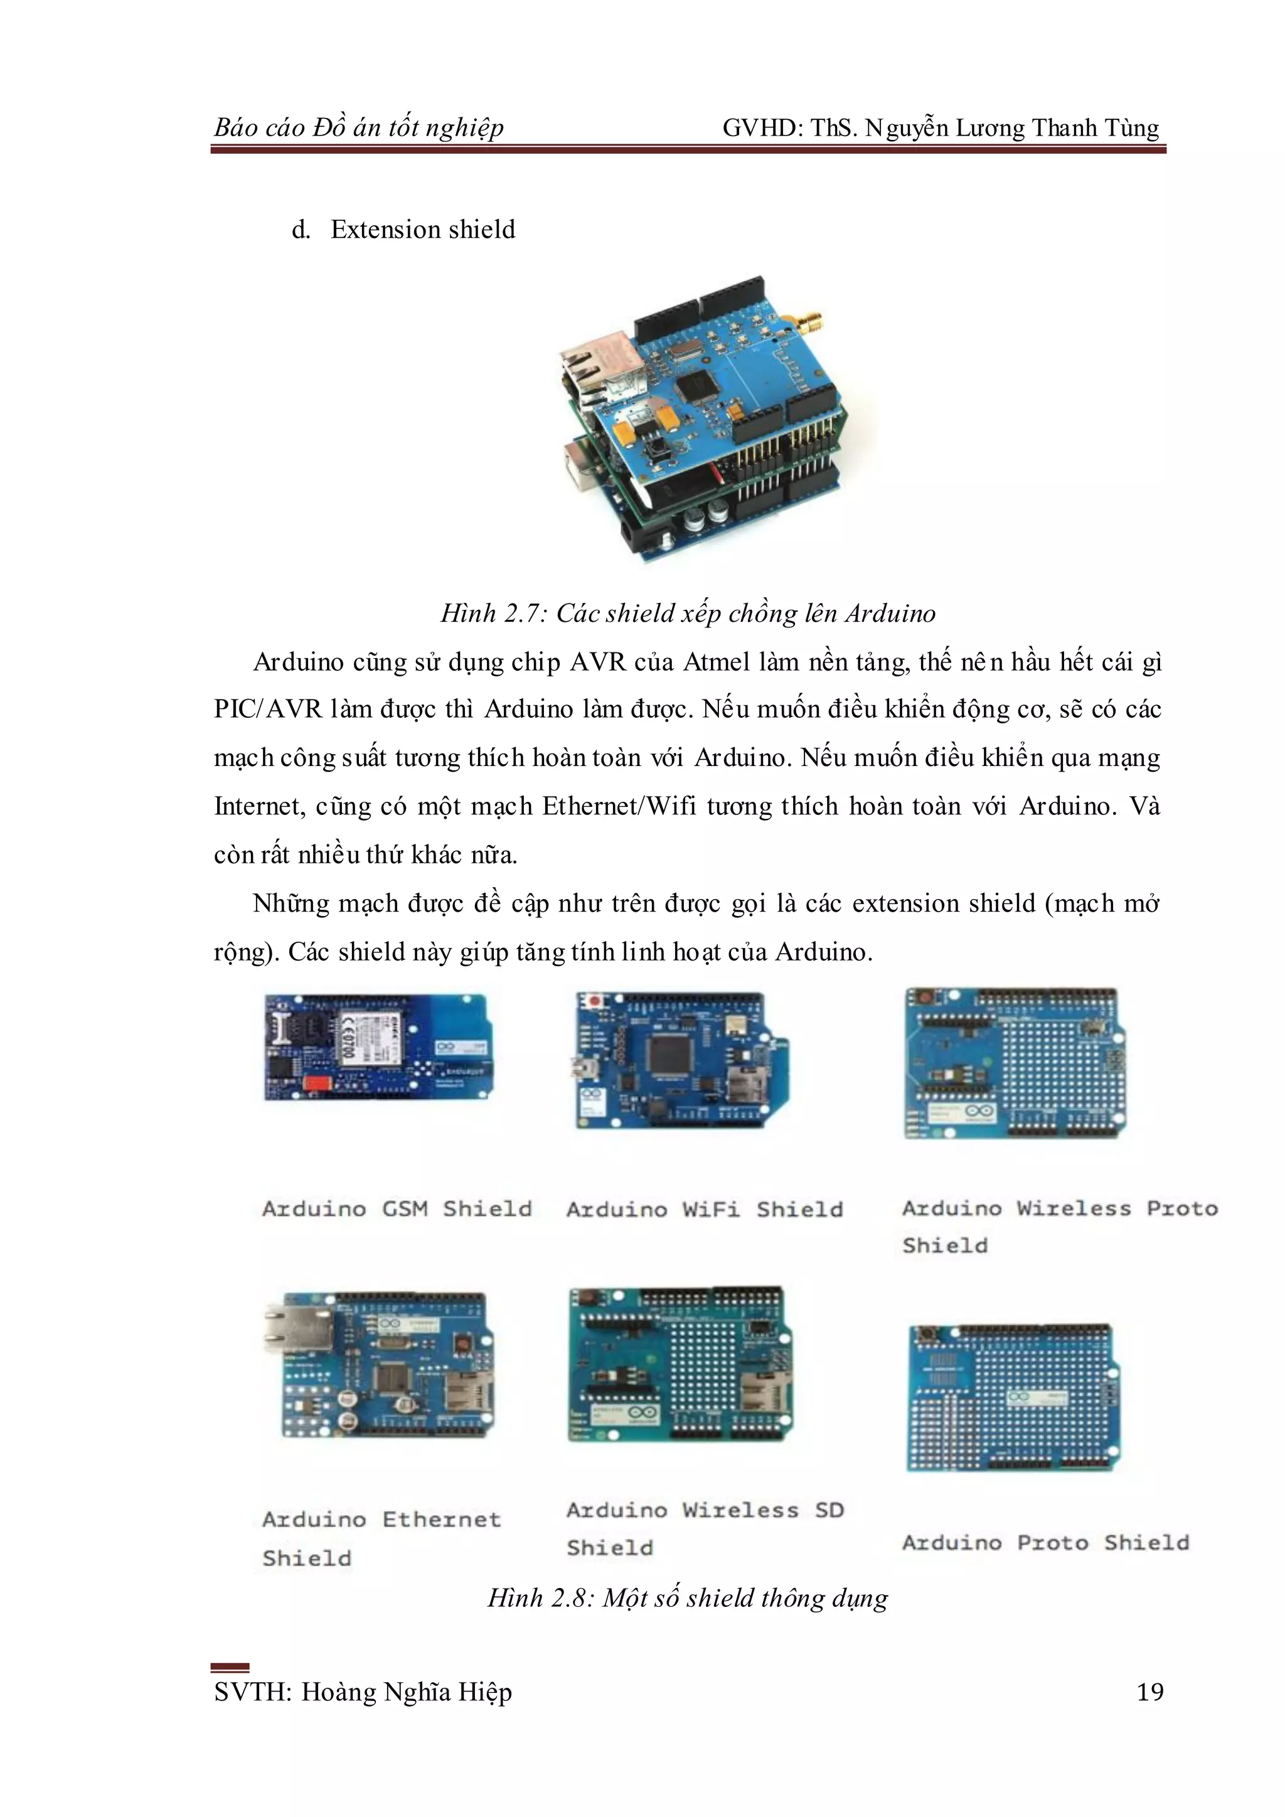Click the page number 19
coord(1149,1692)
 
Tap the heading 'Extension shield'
coord(422,230)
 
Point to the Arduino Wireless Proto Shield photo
coord(1015,1062)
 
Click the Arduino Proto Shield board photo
coord(1013,1397)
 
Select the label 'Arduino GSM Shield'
coord(397,1209)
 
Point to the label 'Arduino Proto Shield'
coord(1045,1542)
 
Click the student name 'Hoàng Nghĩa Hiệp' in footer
coord(407,1692)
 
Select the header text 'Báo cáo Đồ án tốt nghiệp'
coord(358,127)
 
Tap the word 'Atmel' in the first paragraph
coord(716,661)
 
